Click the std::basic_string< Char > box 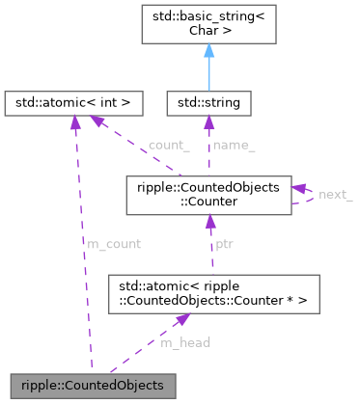[209, 26]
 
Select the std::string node [209, 100]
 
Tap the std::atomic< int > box [73, 100]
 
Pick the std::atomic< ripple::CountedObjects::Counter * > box [208, 294]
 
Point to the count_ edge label [168, 146]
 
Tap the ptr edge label [225, 245]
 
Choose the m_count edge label [114, 245]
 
